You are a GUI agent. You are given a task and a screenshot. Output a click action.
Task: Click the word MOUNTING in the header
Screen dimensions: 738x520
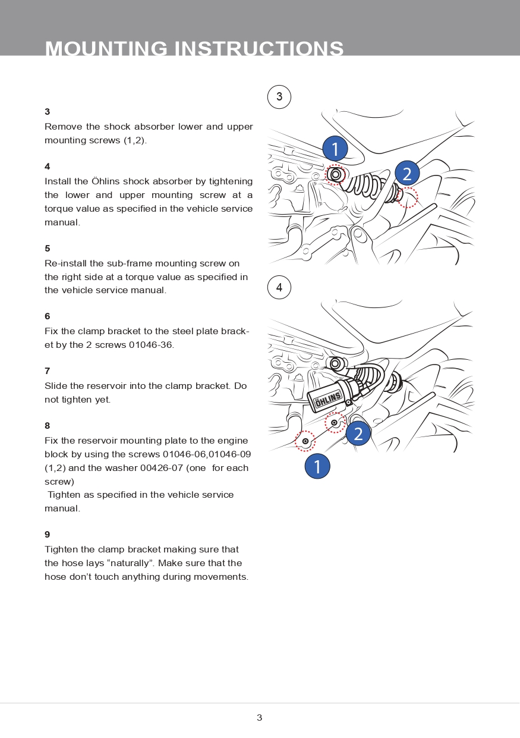tap(106, 49)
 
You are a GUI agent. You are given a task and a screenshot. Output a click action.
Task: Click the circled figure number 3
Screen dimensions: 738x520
tap(279, 97)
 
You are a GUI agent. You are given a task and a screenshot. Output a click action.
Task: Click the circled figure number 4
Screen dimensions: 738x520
tap(279, 288)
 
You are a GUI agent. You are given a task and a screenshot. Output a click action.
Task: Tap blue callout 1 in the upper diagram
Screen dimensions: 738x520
tap(335, 149)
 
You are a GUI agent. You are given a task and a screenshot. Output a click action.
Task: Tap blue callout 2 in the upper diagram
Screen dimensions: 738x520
tap(407, 174)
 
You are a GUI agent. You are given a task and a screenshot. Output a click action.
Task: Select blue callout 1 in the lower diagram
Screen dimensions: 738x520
tap(317, 466)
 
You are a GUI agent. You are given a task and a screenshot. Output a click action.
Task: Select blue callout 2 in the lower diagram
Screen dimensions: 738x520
tap(358, 434)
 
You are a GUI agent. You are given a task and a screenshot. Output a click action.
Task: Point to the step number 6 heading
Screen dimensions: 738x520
tap(48, 316)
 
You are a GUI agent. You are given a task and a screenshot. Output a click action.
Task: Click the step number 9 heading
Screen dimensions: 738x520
tap(48, 535)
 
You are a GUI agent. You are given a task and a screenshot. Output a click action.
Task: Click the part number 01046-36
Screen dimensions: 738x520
tap(151, 345)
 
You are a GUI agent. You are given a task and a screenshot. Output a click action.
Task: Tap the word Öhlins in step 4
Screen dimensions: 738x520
tap(105, 181)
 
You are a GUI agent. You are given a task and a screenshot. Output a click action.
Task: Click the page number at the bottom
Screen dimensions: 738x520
tap(259, 718)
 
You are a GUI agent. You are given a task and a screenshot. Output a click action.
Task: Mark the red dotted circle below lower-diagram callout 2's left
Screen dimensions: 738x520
tap(335, 422)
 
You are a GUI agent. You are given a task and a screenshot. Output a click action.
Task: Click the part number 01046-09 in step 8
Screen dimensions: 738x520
tap(229, 454)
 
